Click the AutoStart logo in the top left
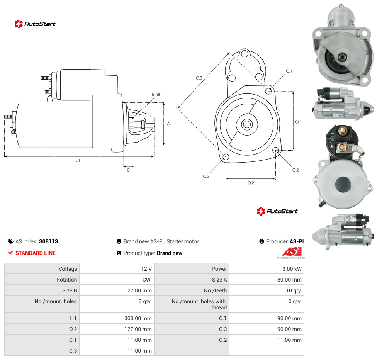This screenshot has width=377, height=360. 35,24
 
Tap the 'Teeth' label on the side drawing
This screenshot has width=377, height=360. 156,95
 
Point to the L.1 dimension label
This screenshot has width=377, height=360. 78,160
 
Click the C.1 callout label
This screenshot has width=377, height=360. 289,71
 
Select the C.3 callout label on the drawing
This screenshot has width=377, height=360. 206,176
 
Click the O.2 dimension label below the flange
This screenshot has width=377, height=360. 251,183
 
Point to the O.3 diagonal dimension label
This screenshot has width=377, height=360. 199,78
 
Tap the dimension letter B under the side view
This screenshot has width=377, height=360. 128,170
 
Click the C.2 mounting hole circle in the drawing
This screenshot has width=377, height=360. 276,150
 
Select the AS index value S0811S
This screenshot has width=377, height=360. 49,241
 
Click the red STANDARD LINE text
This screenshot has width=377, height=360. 36,253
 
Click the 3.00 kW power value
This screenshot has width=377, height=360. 292,269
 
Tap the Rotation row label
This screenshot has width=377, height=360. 66,280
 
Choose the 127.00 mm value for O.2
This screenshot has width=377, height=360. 138,329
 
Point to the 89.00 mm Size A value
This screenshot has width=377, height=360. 289,280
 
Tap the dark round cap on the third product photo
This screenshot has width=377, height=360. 343,185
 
